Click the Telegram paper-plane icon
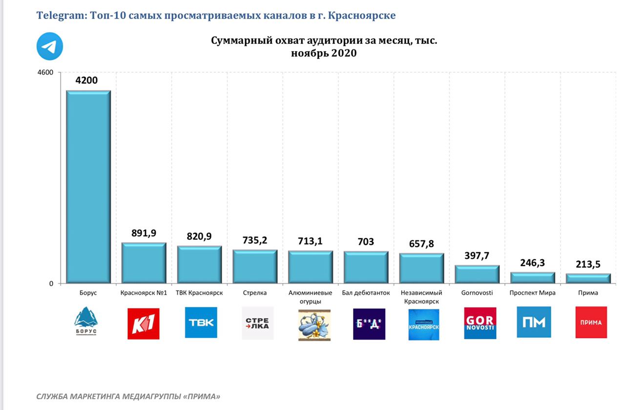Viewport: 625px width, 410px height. [49, 46]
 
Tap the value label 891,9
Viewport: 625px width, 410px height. [144, 233]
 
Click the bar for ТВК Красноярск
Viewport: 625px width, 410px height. [199, 264]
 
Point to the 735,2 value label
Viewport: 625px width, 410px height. [255, 240]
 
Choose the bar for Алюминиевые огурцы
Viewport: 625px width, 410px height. [311, 266]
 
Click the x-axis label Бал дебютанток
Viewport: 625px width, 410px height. [366, 293]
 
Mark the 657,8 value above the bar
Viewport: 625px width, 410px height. [421, 244]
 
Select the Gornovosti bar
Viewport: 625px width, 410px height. [477, 274]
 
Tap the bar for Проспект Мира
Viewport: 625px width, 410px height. [533, 277]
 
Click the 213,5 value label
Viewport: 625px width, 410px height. [588, 264]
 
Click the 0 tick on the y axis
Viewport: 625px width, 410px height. [51, 284]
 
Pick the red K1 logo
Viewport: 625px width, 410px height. [144, 323]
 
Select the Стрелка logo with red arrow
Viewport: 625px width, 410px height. [258, 323]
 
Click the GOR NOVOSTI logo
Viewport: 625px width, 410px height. [480, 323]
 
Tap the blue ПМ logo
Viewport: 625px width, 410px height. [534, 322]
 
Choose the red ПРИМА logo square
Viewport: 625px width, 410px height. [591, 322]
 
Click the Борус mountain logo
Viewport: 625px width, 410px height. [86, 321]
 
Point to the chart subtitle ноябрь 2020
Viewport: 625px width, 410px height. [324, 53]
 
